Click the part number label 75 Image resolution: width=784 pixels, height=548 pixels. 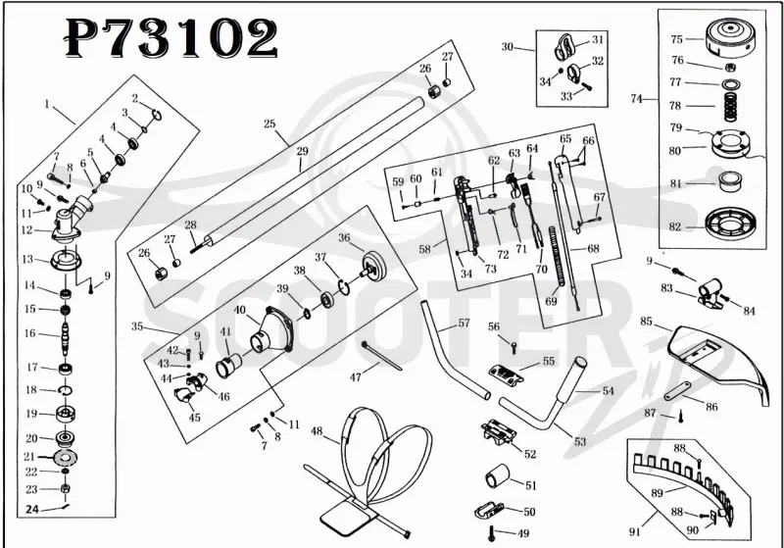click(676, 39)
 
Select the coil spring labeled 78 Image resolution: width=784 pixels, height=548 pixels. click(730, 106)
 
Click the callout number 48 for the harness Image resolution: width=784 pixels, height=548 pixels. click(317, 431)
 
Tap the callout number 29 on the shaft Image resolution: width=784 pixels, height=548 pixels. click(303, 151)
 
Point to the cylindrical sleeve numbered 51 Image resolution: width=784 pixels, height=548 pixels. click(497, 475)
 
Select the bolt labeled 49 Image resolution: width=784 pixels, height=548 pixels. click(492, 533)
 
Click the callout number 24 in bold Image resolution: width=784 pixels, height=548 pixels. click(32, 509)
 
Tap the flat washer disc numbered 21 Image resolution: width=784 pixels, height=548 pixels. click(65, 457)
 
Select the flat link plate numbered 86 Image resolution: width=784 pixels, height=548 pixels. click(677, 389)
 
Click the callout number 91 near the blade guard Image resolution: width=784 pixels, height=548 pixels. click(634, 532)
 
